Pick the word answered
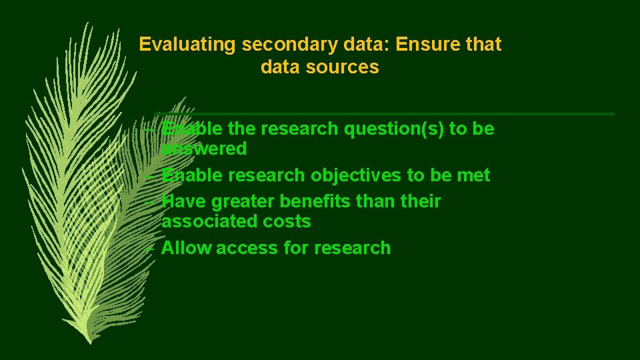coord(204,149)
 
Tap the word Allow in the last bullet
coord(186,248)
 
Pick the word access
coord(247,248)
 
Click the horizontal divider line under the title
coord(400,114)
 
